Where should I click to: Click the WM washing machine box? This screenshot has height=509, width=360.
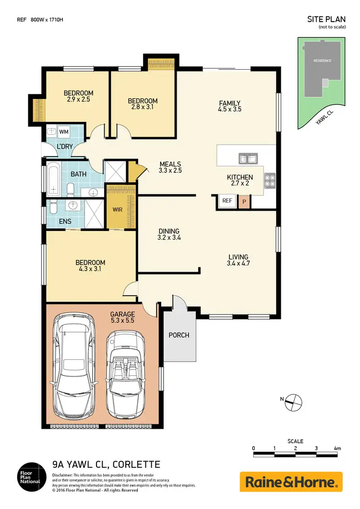click(63, 131)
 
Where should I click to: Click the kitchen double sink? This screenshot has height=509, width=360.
click(248, 159)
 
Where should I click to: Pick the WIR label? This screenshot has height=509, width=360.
click(117, 210)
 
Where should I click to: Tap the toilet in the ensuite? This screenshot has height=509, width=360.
click(54, 207)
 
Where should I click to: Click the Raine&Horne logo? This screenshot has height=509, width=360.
click(291, 482)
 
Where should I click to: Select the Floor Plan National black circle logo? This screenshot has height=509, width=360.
click(30, 476)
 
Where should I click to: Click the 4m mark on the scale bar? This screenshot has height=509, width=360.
click(337, 448)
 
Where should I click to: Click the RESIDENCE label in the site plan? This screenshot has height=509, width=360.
click(322, 61)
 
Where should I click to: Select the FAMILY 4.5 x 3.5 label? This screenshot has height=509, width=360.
click(229, 106)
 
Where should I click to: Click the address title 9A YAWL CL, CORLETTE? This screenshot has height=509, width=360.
click(106, 464)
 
